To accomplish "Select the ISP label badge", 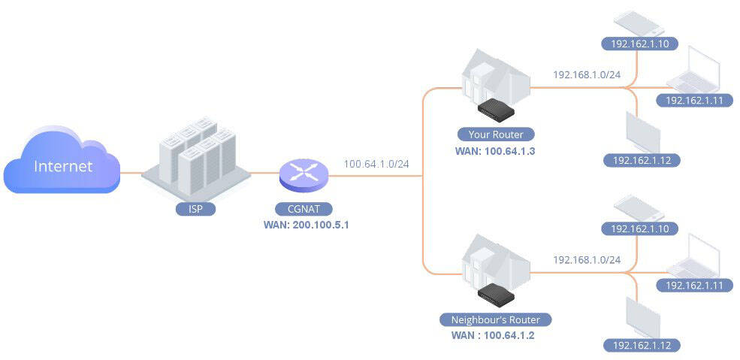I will (x=196, y=208).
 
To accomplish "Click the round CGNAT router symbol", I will (x=304, y=176).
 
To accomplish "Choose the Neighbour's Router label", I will (x=495, y=319).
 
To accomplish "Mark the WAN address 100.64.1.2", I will (x=493, y=334).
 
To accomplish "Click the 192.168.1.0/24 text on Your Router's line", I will (x=587, y=74).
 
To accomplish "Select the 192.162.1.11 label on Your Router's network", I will (x=693, y=100).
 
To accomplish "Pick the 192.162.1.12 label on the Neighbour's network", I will (x=642, y=345).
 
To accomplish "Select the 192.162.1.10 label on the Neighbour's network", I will (x=640, y=228).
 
